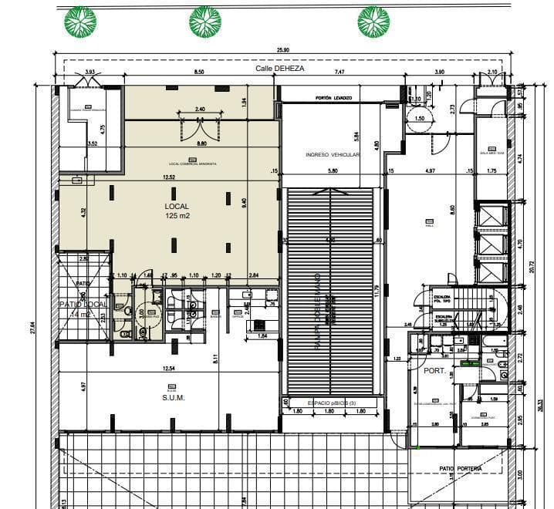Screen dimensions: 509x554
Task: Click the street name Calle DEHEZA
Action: tap(280, 69)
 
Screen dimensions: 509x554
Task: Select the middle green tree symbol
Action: tap(205, 22)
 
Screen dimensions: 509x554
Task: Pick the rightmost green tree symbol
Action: tap(373, 22)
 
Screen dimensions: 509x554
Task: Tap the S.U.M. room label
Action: tap(171, 398)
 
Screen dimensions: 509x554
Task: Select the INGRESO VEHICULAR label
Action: tap(333, 155)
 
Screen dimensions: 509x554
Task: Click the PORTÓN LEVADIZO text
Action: tap(333, 99)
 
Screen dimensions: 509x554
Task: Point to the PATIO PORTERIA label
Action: tap(461, 468)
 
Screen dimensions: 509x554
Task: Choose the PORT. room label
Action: tap(433, 370)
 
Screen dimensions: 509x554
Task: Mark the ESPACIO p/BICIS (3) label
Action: tap(333, 403)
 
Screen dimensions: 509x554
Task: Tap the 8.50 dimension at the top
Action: tap(199, 72)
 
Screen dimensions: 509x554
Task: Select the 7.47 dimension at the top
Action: tap(339, 72)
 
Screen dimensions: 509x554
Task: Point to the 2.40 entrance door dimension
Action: tap(201, 110)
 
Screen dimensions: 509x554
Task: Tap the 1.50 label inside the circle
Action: tap(420, 118)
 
